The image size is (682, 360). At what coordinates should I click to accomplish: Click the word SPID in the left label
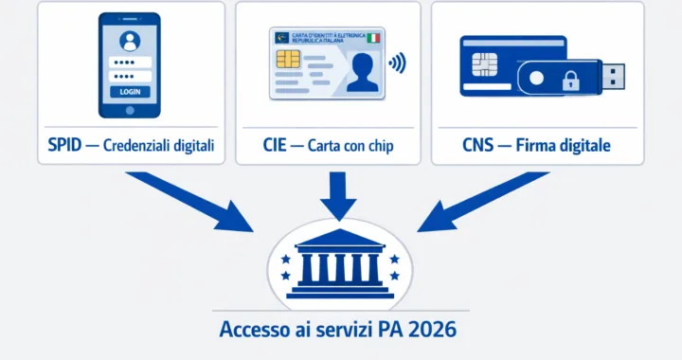coord(65,147)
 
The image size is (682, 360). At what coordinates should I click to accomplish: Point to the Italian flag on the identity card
coord(373,38)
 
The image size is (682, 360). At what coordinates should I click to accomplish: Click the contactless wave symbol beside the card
coord(398,64)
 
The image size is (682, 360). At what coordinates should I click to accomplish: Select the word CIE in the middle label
coord(276,147)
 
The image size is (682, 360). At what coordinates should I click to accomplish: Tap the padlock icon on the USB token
coord(570,82)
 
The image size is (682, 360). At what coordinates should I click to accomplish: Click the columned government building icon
coord(338,261)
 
